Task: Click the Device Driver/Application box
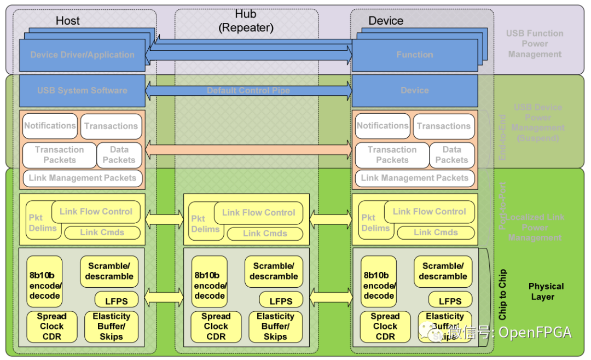(82, 55)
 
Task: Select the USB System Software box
(82, 91)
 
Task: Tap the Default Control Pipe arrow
(248, 91)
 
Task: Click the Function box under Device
(414, 55)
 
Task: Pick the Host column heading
(68, 21)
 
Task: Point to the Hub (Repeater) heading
(246, 21)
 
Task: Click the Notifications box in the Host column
(50, 126)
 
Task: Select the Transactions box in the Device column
(444, 126)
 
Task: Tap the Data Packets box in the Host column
(119, 155)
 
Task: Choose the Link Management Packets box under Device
(415, 178)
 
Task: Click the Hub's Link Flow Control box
(258, 213)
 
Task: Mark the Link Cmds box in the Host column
(102, 233)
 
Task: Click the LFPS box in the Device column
(450, 300)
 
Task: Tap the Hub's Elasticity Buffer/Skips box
(275, 327)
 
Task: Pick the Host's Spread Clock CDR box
(52, 327)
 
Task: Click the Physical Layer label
(546, 292)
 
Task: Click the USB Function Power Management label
(535, 44)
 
